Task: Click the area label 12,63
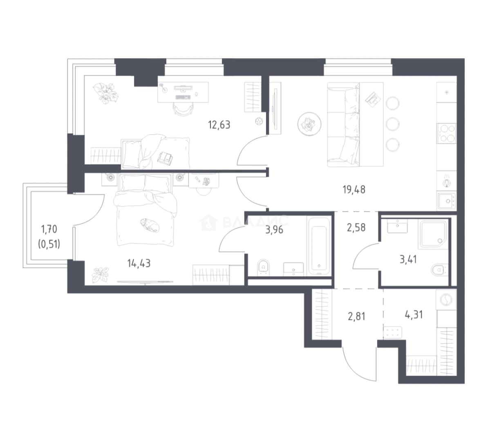point(219,125)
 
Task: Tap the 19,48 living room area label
point(354,189)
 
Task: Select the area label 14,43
point(139,264)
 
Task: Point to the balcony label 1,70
point(49,229)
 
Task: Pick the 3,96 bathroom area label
point(274,230)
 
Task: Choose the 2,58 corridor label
point(356,228)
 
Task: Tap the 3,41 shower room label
point(408,259)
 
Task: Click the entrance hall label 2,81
point(356,316)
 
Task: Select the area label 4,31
point(414,315)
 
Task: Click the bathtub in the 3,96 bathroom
point(319,246)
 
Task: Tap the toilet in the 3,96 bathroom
point(264,267)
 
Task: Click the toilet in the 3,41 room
point(439,270)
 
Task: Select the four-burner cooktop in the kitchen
point(446,133)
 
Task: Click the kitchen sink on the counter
point(447,201)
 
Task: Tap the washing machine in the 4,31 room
point(446,300)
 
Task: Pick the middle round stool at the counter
point(392,124)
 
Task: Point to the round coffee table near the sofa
point(309,124)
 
